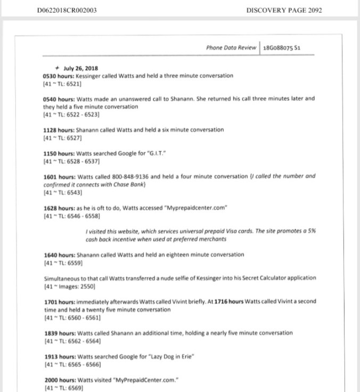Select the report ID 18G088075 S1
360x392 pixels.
click(282, 48)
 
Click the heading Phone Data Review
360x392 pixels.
click(231, 48)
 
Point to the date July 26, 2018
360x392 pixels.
click(76, 68)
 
